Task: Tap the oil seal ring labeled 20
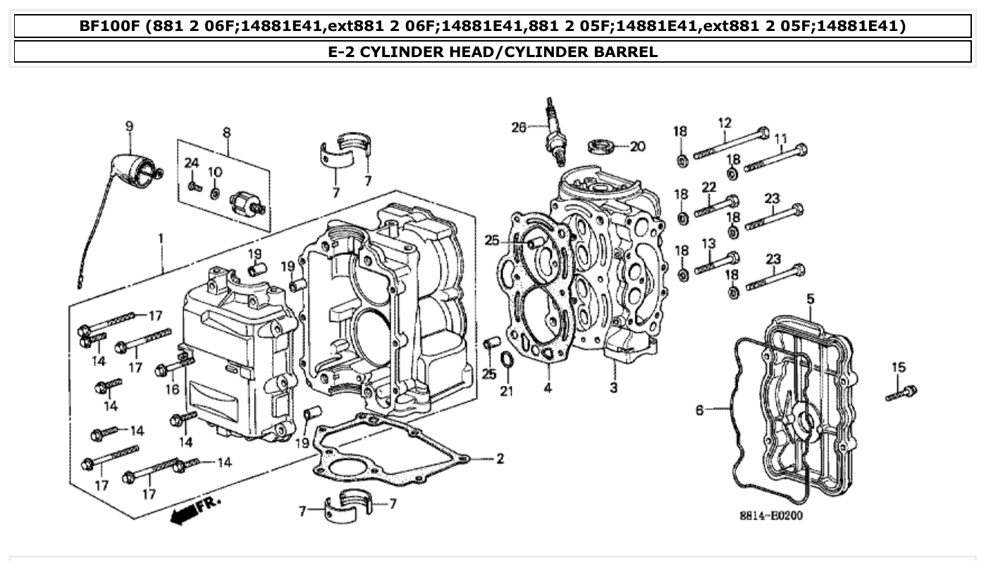tap(600, 147)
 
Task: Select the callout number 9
tap(129, 127)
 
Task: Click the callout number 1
tap(161, 239)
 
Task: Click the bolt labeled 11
tap(775, 158)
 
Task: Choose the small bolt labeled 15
tap(901, 393)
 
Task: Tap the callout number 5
tap(811, 299)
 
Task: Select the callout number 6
tap(700, 410)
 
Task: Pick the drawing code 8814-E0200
tap(770, 516)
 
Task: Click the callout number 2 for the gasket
tap(499, 459)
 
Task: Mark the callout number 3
tap(613, 387)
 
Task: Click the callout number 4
tap(548, 387)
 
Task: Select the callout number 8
tap(226, 132)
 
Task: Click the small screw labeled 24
tap(194, 187)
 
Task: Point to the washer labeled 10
tap(216, 192)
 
